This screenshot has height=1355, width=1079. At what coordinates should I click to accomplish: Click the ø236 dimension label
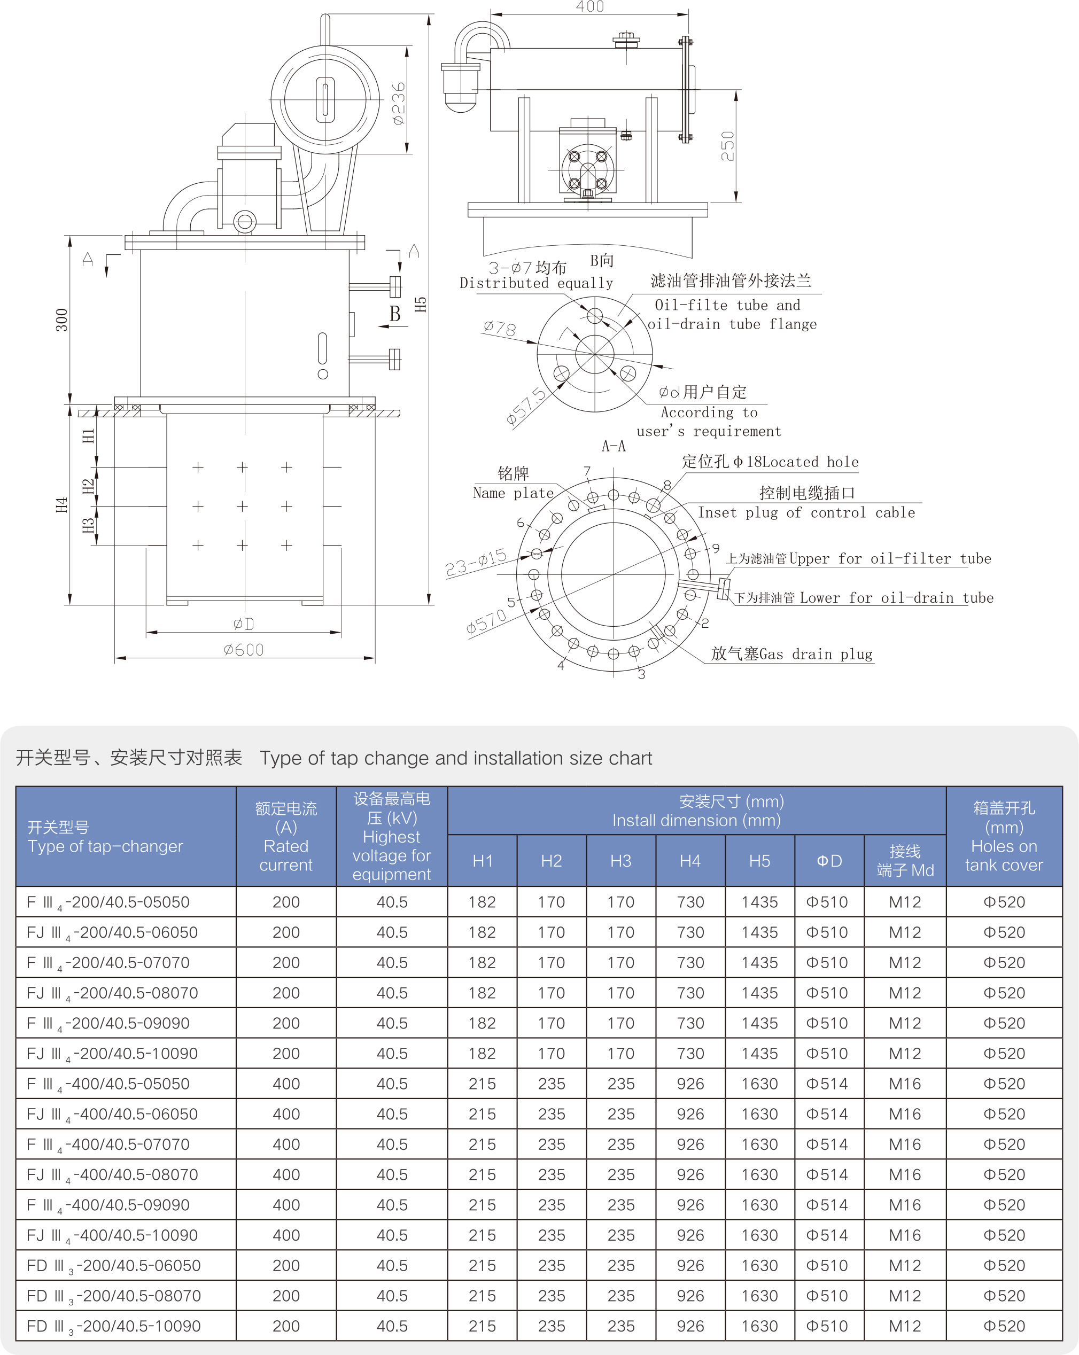[399, 103]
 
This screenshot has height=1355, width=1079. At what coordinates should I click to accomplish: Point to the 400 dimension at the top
[590, 7]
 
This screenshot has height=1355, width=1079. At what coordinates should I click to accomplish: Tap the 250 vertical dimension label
[727, 146]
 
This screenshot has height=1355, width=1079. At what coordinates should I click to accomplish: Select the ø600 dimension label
[244, 650]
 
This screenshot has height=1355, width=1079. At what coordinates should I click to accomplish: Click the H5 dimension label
[421, 304]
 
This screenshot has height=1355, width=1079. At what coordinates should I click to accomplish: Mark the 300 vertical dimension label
[61, 320]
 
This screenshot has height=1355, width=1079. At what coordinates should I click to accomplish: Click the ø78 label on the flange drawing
[500, 328]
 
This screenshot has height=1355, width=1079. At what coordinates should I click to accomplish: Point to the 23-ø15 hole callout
[476, 562]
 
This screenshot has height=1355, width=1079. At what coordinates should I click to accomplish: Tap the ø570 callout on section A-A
[486, 622]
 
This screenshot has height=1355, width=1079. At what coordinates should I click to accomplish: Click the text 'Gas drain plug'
[816, 654]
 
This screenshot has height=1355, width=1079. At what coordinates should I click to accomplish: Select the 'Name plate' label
[513, 493]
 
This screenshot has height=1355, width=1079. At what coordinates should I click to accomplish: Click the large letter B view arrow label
[395, 314]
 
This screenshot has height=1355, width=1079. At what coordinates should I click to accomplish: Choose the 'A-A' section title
[613, 446]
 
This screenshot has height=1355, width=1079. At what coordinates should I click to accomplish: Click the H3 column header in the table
[620, 861]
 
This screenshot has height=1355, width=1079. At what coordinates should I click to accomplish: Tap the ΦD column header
[829, 861]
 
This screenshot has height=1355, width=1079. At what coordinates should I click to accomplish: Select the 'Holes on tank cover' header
[1004, 855]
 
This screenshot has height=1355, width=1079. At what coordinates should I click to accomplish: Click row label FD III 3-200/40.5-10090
[114, 1326]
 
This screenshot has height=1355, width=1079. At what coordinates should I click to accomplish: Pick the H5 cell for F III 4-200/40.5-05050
[759, 902]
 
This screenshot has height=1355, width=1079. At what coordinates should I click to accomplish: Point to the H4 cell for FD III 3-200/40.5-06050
[690, 1266]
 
